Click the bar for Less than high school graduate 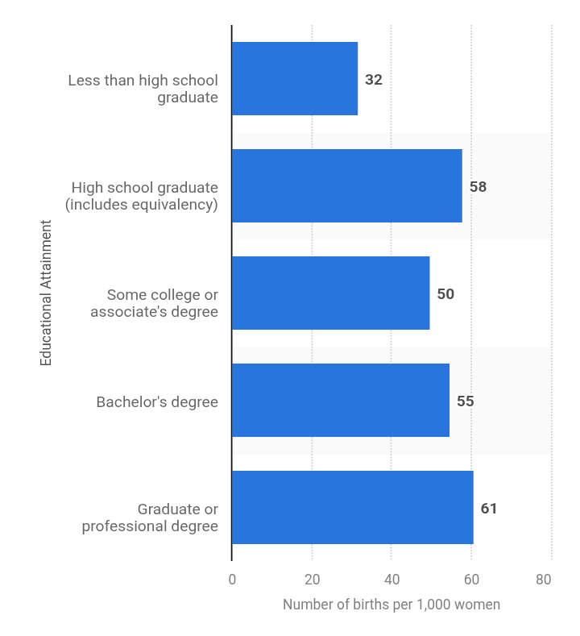tap(295, 79)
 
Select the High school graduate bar tap(347, 186)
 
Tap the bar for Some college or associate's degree tap(331, 293)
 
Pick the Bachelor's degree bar tap(341, 401)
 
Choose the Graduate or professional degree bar tap(353, 508)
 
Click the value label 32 tap(373, 80)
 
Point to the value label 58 tap(478, 187)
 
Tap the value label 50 tap(445, 294)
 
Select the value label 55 tap(465, 401)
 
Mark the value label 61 tap(489, 509)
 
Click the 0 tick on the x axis tap(232, 580)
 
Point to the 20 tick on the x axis tap(312, 580)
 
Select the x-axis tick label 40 tap(391, 580)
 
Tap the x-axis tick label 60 tap(471, 580)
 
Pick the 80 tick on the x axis tap(544, 580)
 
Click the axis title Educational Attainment tap(46, 293)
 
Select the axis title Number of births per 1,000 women tap(391, 605)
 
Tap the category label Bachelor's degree tap(157, 401)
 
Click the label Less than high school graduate tap(143, 89)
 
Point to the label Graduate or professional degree tap(151, 518)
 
